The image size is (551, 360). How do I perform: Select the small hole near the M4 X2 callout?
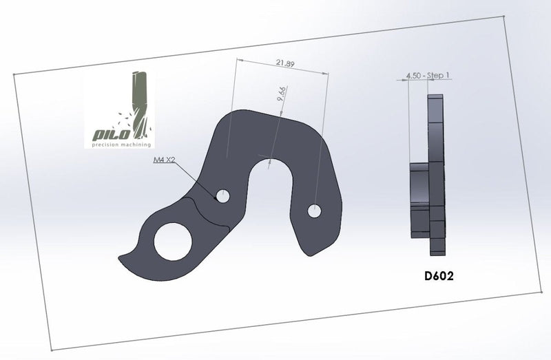(x=222, y=196)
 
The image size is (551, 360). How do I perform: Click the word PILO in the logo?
(x=109, y=134)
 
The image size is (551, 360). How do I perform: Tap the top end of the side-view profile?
(x=435, y=98)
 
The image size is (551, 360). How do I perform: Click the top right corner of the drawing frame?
(x=506, y=19)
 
